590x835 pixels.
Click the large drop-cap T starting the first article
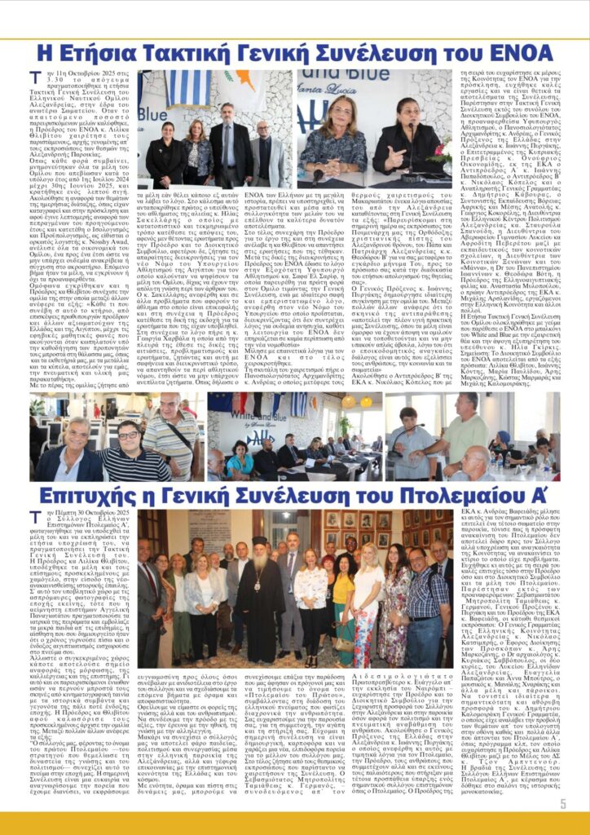pyautogui.click(x=34, y=77)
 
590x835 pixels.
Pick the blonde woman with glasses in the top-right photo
pyautogui.click(x=342, y=135)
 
